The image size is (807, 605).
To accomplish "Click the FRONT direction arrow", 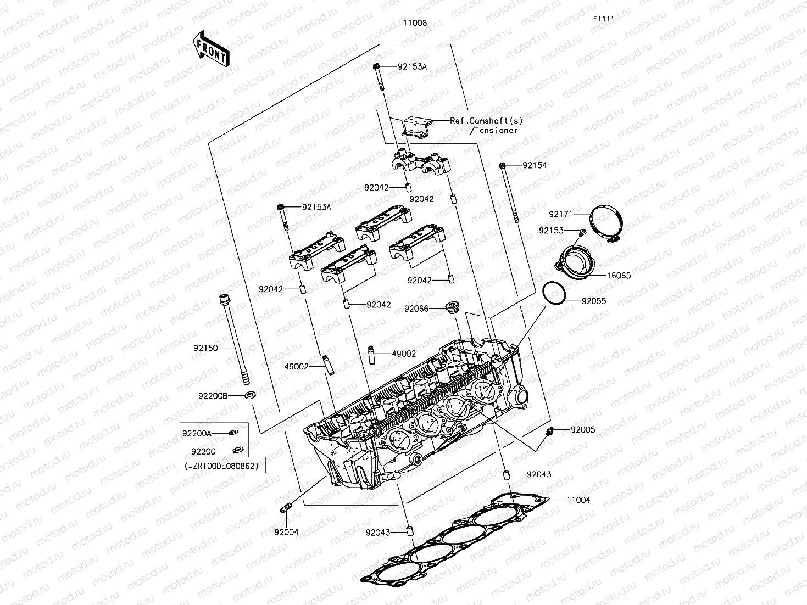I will click(210, 49).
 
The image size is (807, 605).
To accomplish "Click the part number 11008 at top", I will click(415, 24).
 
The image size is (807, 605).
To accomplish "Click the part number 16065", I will click(619, 276).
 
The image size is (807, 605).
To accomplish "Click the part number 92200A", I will click(197, 433).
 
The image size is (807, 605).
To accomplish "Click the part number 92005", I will click(582, 430).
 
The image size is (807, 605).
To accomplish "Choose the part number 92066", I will click(416, 309).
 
